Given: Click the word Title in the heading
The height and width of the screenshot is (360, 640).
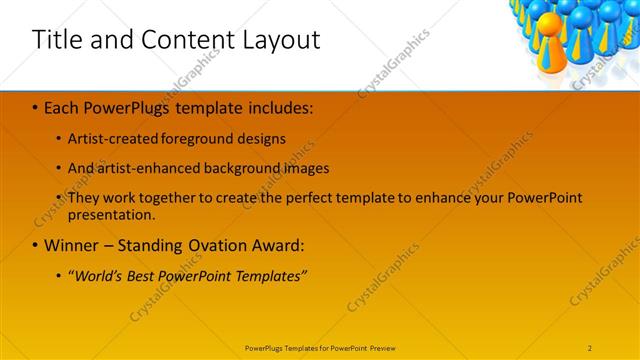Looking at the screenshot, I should click(x=58, y=40).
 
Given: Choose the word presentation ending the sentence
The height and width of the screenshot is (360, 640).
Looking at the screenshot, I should click(x=111, y=214).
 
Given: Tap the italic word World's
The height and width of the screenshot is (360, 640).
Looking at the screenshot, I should click(x=98, y=275).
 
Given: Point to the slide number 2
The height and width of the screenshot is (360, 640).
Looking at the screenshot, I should click(x=590, y=348).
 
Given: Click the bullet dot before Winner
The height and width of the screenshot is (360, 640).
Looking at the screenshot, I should click(x=35, y=245).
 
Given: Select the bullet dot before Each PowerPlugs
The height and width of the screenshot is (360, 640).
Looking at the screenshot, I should click(x=35, y=105).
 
